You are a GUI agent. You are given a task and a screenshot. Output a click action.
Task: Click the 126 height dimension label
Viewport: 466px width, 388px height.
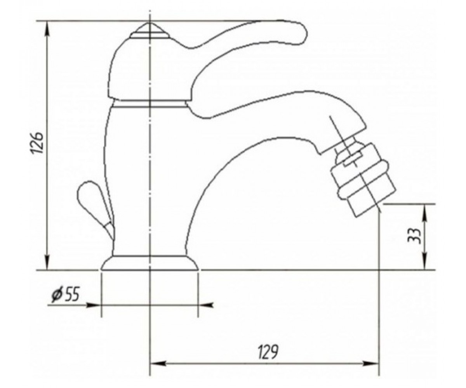36,142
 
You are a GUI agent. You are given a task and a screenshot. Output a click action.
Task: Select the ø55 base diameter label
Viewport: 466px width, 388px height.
65,294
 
